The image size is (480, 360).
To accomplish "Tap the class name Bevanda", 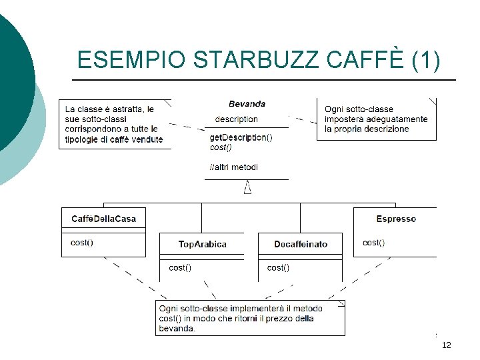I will pyautogui.click(x=247, y=103).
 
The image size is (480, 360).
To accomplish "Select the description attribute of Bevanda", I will pyautogui.click(x=236, y=119).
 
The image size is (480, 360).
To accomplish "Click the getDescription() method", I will pyautogui.click(x=241, y=137).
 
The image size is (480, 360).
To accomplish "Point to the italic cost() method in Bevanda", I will pyautogui.click(x=221, y=147).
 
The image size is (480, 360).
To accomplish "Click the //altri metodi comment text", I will pyautogui.click(x=233, y=167).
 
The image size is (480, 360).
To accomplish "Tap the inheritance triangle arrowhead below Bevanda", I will pyautogui.click(x=247, y=189).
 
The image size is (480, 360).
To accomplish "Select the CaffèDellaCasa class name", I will pyautogui.click(x=103, y=219).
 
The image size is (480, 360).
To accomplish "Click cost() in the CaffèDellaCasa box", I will pyautogui.click(x=81, y=243).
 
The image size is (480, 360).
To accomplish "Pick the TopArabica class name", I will pyautogui.click(x=202, y=244).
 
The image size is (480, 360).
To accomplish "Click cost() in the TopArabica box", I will pyautogui.click(x=179, y=268).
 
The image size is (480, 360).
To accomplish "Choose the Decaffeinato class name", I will pyautogui.click(x=301, y=244).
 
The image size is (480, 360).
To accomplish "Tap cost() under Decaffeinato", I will pyautogui.click(x=278, y=268).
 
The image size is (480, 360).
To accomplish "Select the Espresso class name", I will pyautogui.click(x=396, y=219).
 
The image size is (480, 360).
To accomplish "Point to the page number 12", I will pyautogui.click(x=446, y=345).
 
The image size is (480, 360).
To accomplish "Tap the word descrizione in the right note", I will pyautogui.click(x=385, y=129).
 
